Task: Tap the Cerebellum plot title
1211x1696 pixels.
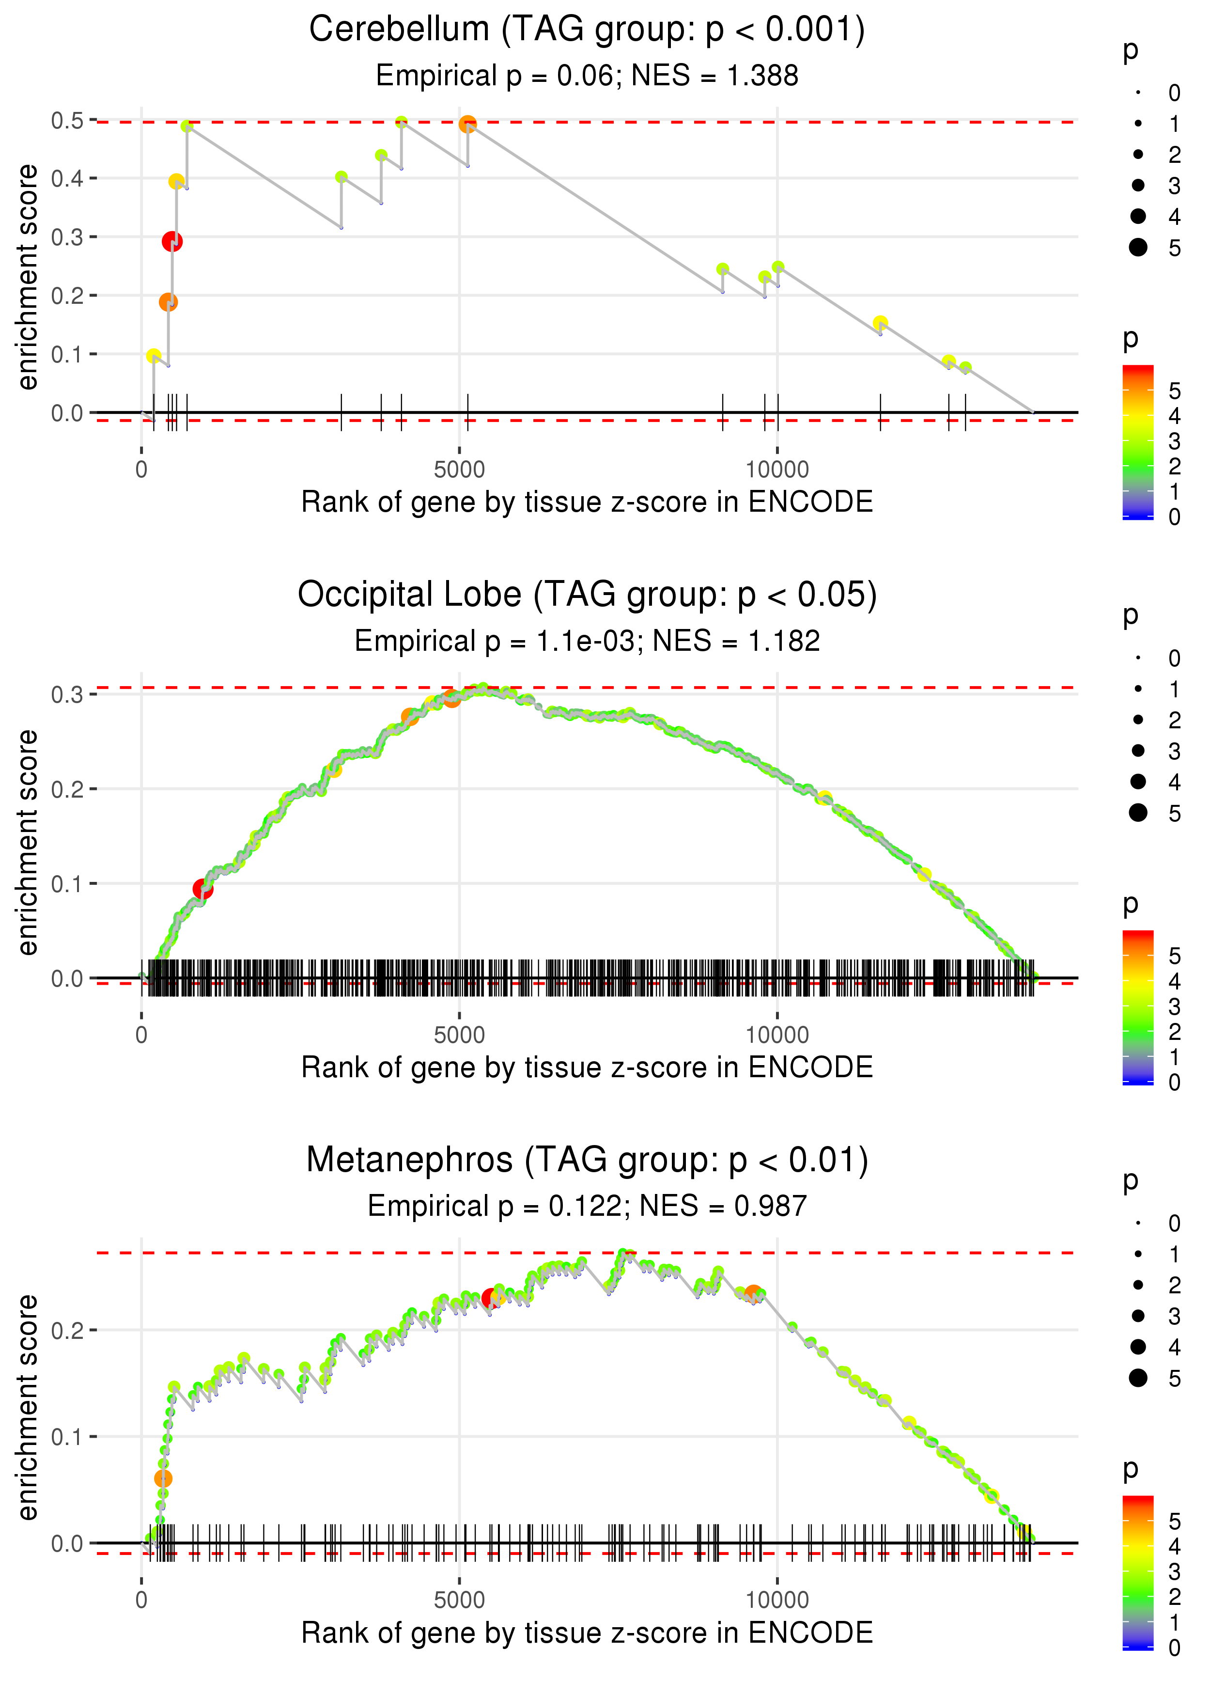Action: coord(587,30)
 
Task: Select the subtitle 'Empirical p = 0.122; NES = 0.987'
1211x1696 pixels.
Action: coord(587,1206)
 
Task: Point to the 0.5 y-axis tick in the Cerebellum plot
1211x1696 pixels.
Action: coord(67,120)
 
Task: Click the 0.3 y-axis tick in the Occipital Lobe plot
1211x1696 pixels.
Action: coord(67,694)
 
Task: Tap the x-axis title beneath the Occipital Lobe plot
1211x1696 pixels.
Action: coord(587,1068)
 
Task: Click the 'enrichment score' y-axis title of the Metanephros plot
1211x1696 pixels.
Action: coord(28,1407)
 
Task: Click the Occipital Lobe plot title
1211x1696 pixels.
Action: coord(587,595)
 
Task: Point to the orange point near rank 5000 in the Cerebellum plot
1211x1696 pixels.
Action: coord(467,124)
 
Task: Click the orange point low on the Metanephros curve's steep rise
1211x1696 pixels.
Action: coord(163,1478)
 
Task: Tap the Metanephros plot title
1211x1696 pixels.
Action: coord(587,1161)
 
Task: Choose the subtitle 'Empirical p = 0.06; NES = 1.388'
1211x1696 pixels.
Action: coord(587,75)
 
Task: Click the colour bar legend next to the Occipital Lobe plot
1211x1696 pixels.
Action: coord(1137,1007)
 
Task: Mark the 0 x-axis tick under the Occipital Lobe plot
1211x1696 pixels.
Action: coord(141,1035)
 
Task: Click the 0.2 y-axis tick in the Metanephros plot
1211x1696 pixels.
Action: coord(67,1330)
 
